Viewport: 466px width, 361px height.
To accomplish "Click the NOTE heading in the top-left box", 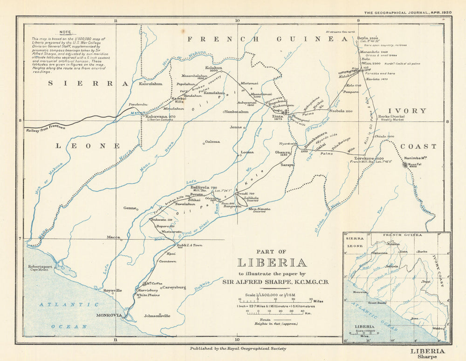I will [65, 32].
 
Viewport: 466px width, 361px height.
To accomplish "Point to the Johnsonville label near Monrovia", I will [157, 315].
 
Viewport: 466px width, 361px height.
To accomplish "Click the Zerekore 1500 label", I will [370, 158].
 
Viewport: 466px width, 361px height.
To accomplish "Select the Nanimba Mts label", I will [416, 158].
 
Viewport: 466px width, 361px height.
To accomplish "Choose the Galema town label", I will [212, 141].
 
